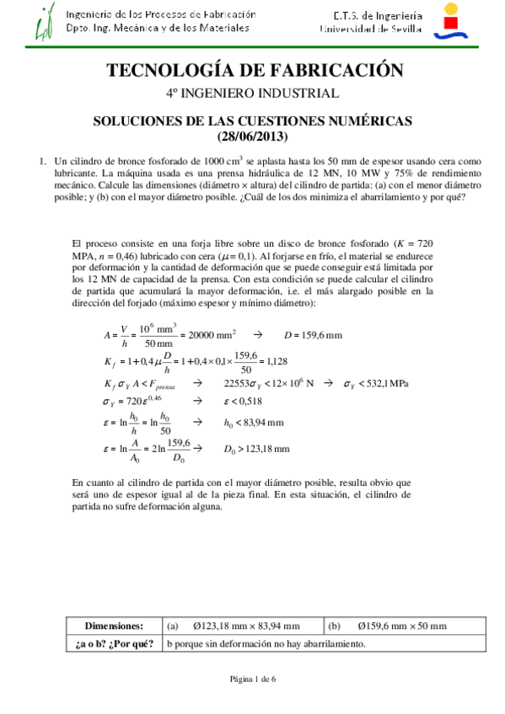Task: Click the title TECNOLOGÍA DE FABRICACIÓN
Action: coord(252,71)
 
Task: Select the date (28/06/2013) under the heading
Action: coord(252,136)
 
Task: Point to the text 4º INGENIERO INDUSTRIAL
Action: coord(252,93)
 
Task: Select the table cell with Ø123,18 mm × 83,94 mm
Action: coord(243,626)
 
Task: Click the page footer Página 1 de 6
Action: coord(252,679)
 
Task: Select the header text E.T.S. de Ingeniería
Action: coord(368,15)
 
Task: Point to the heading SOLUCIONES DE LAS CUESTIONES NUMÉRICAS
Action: coord(252,121)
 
